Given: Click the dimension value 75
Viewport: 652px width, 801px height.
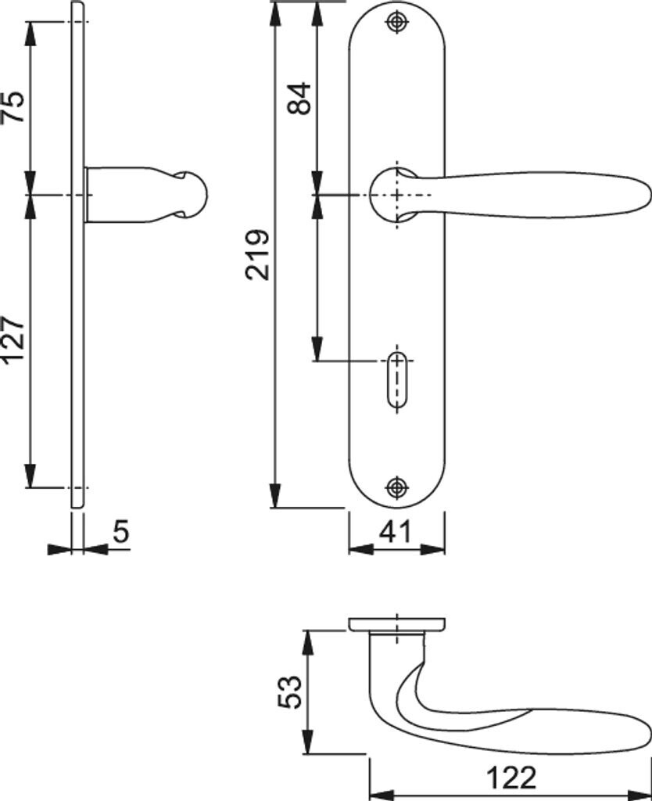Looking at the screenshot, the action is pyautogui.click(x=15, y=107).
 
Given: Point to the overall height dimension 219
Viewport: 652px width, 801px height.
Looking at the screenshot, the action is pyautogui.click(x=257, y=254).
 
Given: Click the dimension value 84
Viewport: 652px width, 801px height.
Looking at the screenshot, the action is pyautogui.click(x=300, y=98).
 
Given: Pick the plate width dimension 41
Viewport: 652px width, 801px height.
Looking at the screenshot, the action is pyautogui.click(x=396, y=532).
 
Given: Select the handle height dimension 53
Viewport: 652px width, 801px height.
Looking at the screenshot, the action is pyautogui.click(x=289, y=692).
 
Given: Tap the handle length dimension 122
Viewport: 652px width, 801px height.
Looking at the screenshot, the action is pyautogui.click(x=512, y=778).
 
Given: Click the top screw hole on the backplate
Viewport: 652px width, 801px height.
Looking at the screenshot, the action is pyautogui.click(x=397, y=23).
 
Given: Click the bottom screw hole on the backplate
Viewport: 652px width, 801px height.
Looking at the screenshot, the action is pyautogui.click(x=397, y=487).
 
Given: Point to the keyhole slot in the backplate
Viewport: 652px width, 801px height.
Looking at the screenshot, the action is pyautogui.click(x=397, y=381).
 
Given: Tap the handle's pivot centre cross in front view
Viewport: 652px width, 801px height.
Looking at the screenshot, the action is pyautogui.click(x=397, y=194).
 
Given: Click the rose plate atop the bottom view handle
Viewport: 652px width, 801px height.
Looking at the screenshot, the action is pyautogui.click(x=397, y=623).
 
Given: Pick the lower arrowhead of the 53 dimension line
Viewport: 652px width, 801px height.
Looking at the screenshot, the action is pyautogui.click(x=310, y=743).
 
